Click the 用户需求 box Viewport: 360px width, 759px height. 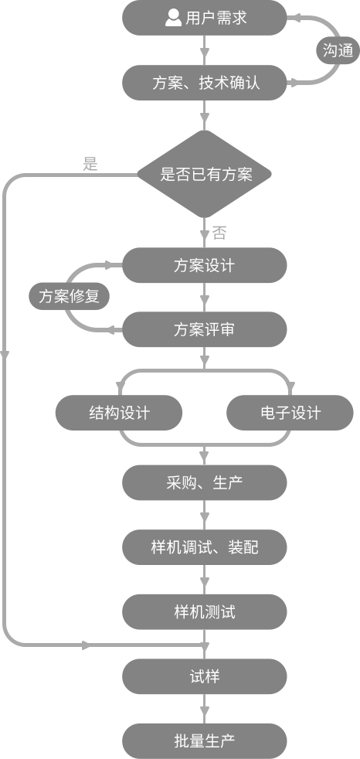[x=204, y=18]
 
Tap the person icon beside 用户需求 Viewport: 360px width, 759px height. [x=173, y=18]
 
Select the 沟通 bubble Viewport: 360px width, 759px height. [x=338, y=50]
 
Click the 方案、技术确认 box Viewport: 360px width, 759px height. [x=204, y=83]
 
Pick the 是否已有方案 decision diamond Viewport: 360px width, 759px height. [x=204, y=174]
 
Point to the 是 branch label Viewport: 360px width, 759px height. [x=90, y=164]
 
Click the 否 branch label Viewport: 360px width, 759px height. [x=219, y=233]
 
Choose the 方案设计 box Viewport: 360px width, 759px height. [x=204, y=265]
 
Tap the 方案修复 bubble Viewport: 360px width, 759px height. [x=69, y=296]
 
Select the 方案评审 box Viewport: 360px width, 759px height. [x=204, y=329]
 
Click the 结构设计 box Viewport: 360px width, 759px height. [x=119, y=413]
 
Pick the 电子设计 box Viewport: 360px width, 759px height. [x=290, y=413]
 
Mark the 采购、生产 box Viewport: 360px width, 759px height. [x=204, y=482]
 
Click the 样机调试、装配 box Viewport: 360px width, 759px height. [x=204, y=547]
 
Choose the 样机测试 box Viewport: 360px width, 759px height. [x=204, y=612]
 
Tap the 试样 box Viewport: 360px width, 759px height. [x=204, y=676]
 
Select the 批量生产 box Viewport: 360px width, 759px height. [x=204, y=741]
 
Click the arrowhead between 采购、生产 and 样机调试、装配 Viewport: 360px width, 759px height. [x=204, y=519]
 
